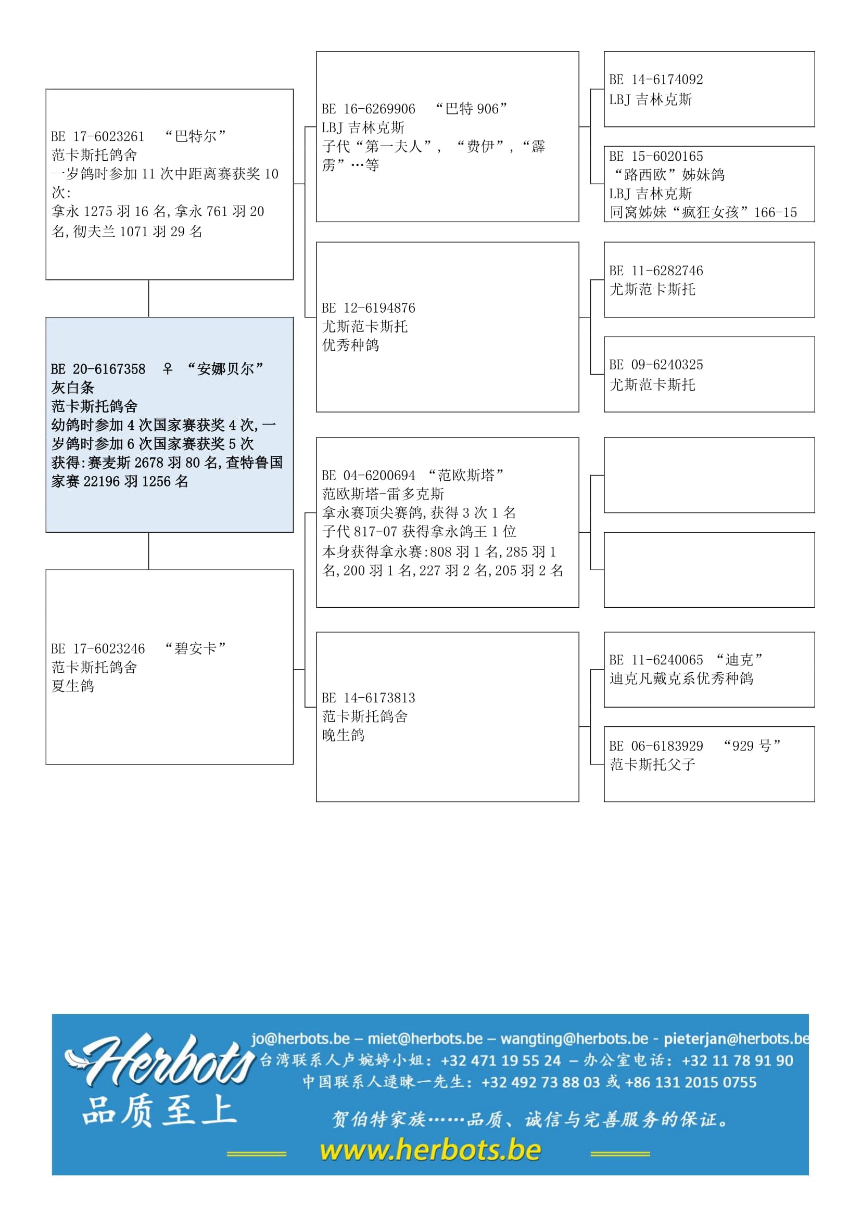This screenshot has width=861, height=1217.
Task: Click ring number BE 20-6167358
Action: (98, 369)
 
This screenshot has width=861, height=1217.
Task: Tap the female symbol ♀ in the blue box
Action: (168, 368)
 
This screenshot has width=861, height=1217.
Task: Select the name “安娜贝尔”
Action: (225, 368)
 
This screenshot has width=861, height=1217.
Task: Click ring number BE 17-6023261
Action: (98, 137)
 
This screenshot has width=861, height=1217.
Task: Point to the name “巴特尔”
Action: (196, 136)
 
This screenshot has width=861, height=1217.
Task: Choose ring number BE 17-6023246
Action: (98, 649)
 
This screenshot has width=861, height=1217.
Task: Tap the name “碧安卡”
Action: (196, 648)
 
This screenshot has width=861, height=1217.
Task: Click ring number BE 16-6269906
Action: (369, 109)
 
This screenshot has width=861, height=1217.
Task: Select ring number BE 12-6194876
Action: (369, 308)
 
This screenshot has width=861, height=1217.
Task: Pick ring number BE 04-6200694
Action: (369, 476)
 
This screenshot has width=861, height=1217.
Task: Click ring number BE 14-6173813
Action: (369, 698)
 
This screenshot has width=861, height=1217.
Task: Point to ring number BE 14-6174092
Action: (656, 80)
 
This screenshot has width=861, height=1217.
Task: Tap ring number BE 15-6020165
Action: (656, 157)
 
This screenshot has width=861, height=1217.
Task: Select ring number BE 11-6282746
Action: (656, 271)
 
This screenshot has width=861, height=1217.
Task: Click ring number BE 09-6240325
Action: (656, 365)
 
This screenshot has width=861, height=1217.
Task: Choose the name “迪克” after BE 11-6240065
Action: (740, 660)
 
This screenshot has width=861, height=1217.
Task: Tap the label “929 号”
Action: (752, 746)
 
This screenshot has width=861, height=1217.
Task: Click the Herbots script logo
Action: (159, 1060)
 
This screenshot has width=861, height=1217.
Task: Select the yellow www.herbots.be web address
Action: (430, 1150)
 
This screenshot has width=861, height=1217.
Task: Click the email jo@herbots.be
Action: (300, 1039)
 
